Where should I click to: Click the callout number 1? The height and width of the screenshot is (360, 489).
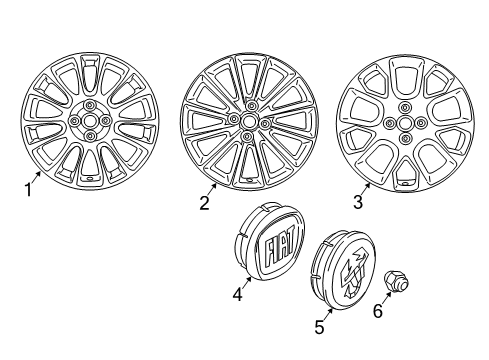coord(29,190)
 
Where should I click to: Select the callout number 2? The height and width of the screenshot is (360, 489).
coord(204,203)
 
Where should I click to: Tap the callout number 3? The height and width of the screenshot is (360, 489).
coord(358,202)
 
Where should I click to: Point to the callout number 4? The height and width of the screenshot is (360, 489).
coord(237,294)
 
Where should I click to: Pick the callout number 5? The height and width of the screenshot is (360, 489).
coord(319,327)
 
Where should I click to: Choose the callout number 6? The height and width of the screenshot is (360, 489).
coord(378,311)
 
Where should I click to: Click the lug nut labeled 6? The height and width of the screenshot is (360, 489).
coord(397,282)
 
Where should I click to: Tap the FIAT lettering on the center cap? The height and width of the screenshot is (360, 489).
coord(280,245)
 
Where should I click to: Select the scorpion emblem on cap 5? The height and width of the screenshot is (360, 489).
coord(354,271)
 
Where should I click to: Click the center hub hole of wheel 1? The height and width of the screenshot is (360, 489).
coord(90,120)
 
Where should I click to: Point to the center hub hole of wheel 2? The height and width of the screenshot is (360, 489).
coord(248,121)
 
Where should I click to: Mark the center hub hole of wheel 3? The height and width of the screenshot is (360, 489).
coord(405,123)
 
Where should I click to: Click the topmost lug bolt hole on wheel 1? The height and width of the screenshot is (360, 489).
coord(89,105)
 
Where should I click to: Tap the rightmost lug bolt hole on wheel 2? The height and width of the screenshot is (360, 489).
coord(265,124)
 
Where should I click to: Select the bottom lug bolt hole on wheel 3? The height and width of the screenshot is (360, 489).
coord(405,138)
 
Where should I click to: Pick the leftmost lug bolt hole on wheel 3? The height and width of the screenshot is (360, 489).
coord(389,124)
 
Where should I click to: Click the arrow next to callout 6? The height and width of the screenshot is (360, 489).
coord(386,298)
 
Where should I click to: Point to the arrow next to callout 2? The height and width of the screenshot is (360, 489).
coord(212,190)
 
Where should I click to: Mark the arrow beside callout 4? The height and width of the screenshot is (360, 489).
coord(247,282)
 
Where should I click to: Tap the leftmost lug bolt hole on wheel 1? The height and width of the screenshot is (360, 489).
coord(74,120)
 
